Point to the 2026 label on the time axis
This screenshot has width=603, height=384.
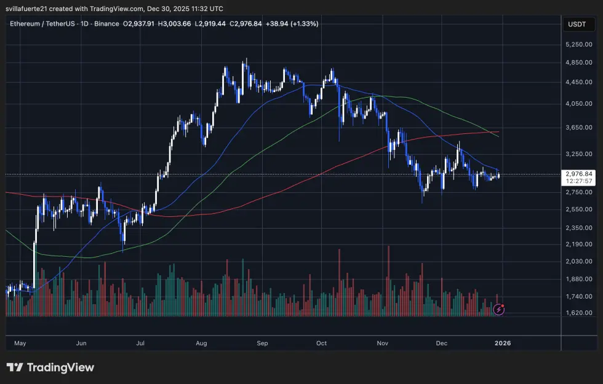[x=502, y=343]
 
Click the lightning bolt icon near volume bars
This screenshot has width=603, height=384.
[x=499, y=309]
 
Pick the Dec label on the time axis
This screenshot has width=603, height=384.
[x=442, y=343]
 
